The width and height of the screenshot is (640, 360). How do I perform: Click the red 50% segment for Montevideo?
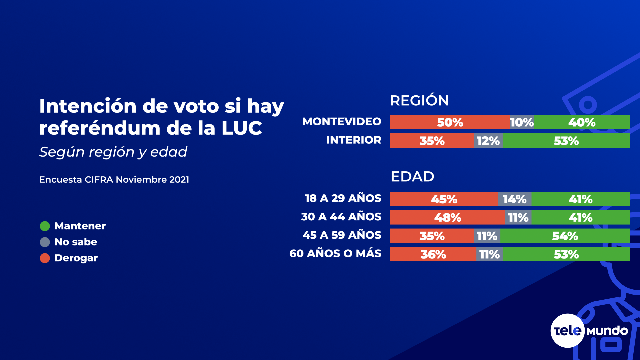pos(450,122)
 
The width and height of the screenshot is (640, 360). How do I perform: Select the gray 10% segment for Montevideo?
pos(522,122)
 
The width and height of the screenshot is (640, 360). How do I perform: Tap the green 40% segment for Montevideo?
pos(582,122)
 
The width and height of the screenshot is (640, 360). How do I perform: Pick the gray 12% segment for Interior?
pos(488,141)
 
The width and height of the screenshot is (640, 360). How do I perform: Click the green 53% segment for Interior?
pos(566,141)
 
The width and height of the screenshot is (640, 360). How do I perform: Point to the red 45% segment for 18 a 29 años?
pos(444,199)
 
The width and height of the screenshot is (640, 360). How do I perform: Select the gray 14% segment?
pos(514,199)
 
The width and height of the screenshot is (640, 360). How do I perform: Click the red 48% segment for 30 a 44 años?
pos(447,217)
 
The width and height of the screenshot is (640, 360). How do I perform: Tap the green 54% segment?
pos(565,236)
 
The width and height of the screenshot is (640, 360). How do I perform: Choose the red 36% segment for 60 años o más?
pos(433,254)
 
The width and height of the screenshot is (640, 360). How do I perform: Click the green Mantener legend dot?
pos(45,226)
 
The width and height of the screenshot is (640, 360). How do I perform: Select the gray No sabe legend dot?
pos(45,242)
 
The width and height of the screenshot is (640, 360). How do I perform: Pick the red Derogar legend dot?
pos(45,258)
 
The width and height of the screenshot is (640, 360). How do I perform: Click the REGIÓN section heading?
pos(419,101)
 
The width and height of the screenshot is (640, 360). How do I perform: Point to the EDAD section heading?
pos(412,177)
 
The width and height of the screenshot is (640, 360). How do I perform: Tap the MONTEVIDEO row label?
pos(342,122)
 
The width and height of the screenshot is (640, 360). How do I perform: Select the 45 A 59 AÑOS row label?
pos(342,235)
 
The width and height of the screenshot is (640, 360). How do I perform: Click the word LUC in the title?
pos(242,128)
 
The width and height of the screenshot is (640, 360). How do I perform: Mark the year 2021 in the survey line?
pos(179,180)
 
